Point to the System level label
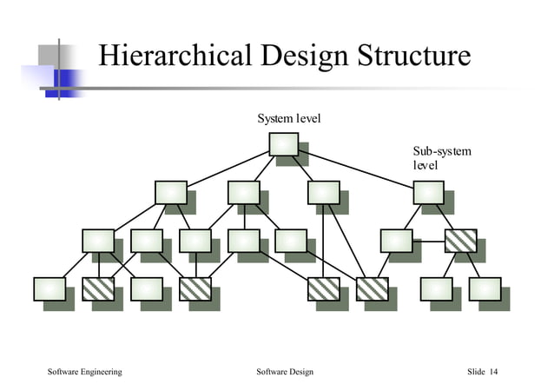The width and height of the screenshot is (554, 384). (x=288, y=117)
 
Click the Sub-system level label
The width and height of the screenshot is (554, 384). (x=441, y=158)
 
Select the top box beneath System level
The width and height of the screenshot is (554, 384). (x=284, y=144)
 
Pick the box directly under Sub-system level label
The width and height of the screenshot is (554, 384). (x=428, y=192)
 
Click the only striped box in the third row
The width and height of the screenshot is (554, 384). (x=460, y=240)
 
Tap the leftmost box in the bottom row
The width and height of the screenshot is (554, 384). (x=49, y=288)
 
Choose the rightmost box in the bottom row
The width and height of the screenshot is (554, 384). (x=485, y=288)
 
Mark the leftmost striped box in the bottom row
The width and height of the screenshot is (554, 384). (x=97, y=288)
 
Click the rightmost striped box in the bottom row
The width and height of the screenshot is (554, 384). (x=373, y=288)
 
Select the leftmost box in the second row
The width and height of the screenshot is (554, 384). (x=170, y=192)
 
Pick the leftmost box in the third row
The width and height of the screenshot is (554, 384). (x=97, y=240)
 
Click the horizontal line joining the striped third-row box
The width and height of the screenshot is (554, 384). (x=428, y=240)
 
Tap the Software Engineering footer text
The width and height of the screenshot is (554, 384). (x=84, y=372)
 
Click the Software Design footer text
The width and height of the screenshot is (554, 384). (x=285, y=372)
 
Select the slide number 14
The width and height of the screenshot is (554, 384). (x=494, y=372)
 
